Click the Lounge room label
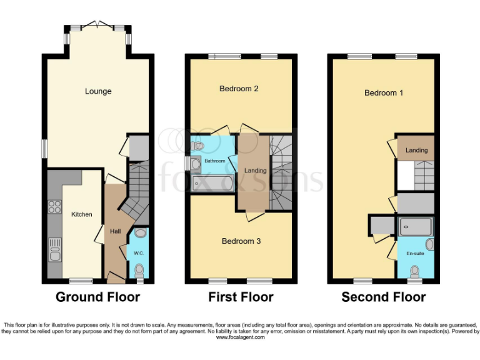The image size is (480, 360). [x=98, y=91]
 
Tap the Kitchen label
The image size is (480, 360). [x=81, y=214]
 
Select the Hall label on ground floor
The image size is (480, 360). [x=116, y=231]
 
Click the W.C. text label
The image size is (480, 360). [x=138, y=253]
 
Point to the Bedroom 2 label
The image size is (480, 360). [x=239, y=89]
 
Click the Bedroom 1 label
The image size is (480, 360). [x=384, y=92]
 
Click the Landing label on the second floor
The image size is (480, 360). [x=416, y=151]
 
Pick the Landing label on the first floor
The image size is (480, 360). [x=255, y=171]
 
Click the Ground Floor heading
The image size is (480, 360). [x=97, y=297]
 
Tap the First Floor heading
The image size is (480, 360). [x=241, y=297]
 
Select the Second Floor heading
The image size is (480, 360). [x=383, y=297]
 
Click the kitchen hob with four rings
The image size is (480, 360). [x=54, y=207]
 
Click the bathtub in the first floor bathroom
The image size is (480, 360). [x=212, y=183]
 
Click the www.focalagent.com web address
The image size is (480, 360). [x=240, y=337]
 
